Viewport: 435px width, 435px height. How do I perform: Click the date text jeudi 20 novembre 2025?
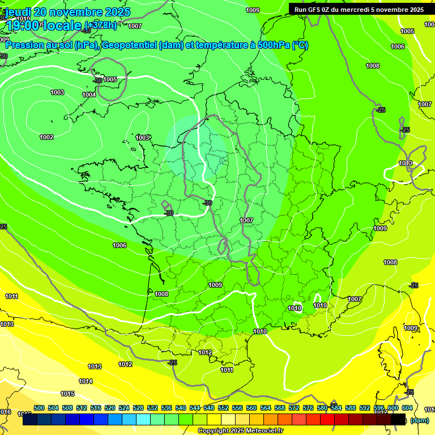pos(68,12)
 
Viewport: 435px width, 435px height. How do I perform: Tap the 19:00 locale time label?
pos(44,25)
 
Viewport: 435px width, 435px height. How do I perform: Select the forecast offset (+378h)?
pos(101,25)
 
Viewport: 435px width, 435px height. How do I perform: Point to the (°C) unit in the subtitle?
pos(300,45)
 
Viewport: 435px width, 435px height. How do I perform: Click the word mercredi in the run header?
pos(367,10)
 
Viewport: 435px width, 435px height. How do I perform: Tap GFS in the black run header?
pos(315,10)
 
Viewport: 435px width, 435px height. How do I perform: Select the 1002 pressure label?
pos(46,137)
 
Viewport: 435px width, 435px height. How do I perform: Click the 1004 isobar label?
pos(89,95)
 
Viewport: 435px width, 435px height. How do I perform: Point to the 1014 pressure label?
pos(86,381)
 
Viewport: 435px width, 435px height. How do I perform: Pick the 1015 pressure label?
pos(67,394)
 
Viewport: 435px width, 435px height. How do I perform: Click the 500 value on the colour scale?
pos(39,408)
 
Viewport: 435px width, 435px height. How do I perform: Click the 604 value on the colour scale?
pos(407,408)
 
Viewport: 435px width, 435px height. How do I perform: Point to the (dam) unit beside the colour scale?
pos(419,420)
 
